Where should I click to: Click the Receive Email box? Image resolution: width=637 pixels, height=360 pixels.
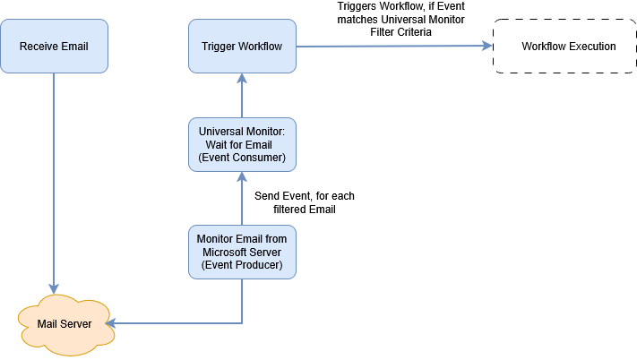(54, 46)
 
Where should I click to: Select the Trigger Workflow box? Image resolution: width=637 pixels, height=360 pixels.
(242, 46)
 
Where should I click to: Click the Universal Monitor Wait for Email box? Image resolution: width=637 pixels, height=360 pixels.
(242, 144)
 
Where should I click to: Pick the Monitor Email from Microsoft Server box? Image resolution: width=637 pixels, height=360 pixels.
(242, 252)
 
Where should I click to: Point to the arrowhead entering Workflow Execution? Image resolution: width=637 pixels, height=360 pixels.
(487, 46)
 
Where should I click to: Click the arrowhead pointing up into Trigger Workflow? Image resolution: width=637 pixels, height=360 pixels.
(242, 79)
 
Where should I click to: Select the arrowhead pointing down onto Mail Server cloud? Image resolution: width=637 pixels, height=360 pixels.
(54, 290)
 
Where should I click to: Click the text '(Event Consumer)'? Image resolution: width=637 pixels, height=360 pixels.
(242, 157)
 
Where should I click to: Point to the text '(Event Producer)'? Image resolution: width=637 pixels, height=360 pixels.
(242, 265)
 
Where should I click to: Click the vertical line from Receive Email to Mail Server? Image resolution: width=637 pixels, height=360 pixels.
(54, 179)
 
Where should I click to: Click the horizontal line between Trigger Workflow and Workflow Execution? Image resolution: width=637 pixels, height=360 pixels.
(394, 47)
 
